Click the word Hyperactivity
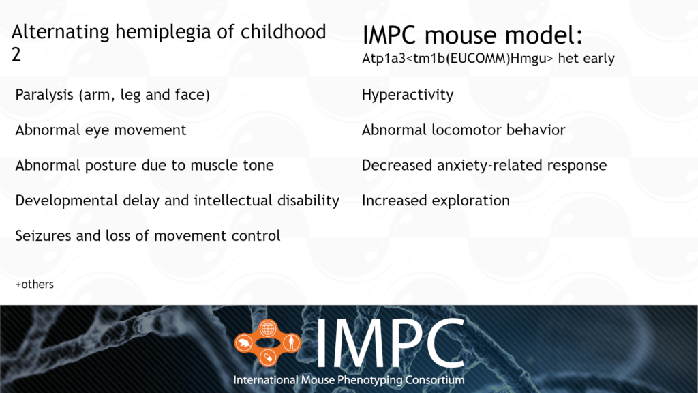pyautogui.click(x=408, y=95)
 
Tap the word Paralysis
pyautogui.click(x=44, y=95)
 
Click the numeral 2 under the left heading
pyautogui.click(x=16, y=55)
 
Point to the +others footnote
pyautogui.click(x=34, y=285)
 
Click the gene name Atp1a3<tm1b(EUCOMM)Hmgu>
pyautogui.click(x=457, y=59)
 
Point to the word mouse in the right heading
pyautogui.click(x=460, y=35)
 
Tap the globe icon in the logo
pyautogui.click(x=267, y=329)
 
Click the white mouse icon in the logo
pyautogui.click(x=244, y=343)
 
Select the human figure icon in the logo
pyautogui.click(x=292, y=343)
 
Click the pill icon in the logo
pyautogui.click(x=267, y=358)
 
